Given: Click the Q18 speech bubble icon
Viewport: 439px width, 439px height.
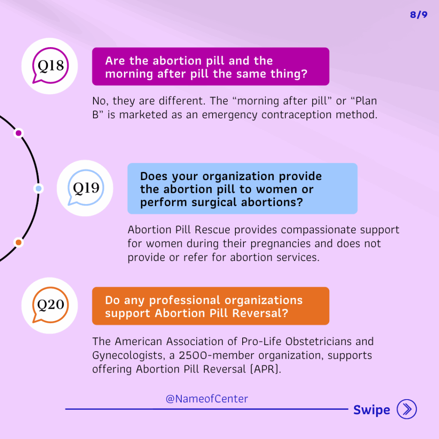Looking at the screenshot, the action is (x=50, y=66).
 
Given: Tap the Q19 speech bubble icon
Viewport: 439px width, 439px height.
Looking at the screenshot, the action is (x=86, y=188).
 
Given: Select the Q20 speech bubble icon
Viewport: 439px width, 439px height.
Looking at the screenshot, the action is (x=51, y=305).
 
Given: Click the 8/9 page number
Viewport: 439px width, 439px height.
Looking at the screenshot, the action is (x=418, y=15).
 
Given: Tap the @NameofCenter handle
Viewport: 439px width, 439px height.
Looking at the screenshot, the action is (x=207, y=399).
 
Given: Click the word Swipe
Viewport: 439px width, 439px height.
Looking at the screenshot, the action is (x=372, y=410).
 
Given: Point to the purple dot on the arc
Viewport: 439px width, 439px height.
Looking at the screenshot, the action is (x=18, y=133).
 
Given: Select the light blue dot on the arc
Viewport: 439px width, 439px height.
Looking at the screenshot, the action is (x=39, y=189).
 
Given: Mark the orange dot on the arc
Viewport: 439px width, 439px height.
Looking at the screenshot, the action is (x=18, y=243).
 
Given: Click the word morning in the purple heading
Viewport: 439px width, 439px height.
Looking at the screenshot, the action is (x=129, y=74).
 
